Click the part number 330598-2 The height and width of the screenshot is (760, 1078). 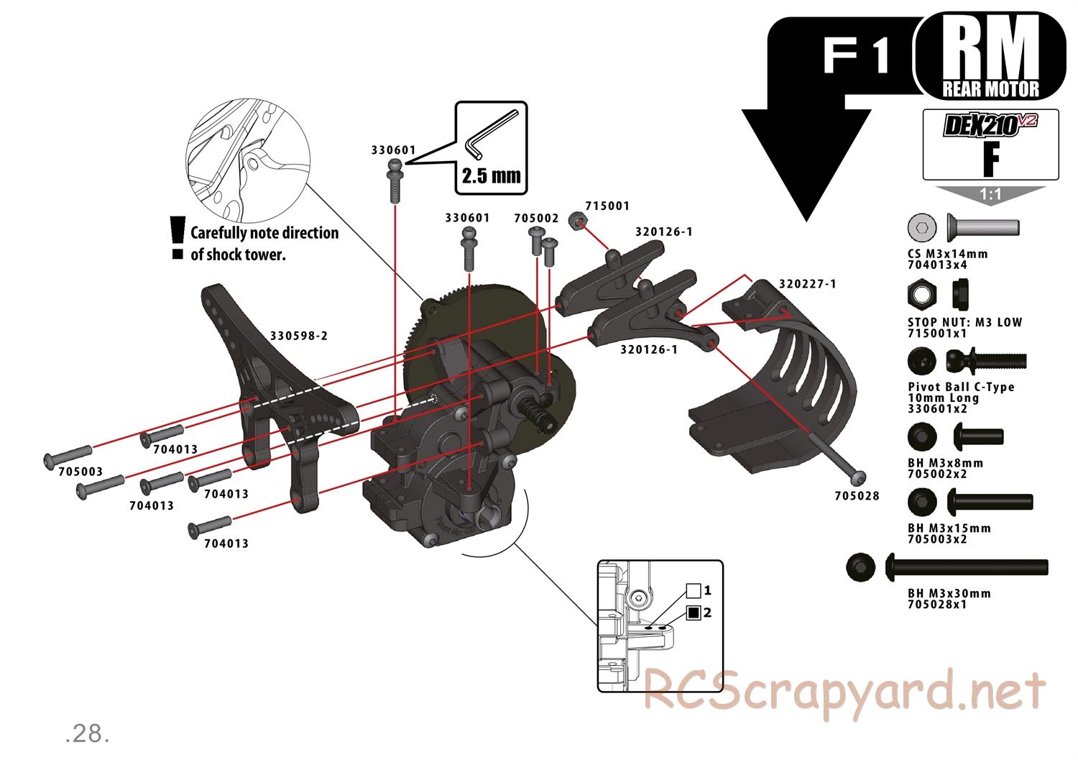coord(299,335)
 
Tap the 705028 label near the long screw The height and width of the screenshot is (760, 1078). coord(857,495)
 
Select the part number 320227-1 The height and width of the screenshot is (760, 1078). coord(807,283)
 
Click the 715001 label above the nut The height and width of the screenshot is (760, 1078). coord(607,206)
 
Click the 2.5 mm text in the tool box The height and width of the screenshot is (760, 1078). coord(491,175)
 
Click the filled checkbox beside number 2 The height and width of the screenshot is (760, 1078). coord(694,613)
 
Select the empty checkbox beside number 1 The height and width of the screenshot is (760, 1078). coord(694,591)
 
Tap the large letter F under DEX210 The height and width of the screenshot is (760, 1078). coord(991,161)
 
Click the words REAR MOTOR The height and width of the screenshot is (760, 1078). coord(990,89)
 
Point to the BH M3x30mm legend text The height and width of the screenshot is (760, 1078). coord(949,593)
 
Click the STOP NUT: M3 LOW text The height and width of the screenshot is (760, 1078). coord(964,322)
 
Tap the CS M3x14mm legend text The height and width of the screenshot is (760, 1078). coord(948,254)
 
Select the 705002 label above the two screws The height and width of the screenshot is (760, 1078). coord(536,217)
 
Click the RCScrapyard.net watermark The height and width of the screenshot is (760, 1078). coord(844,690)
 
